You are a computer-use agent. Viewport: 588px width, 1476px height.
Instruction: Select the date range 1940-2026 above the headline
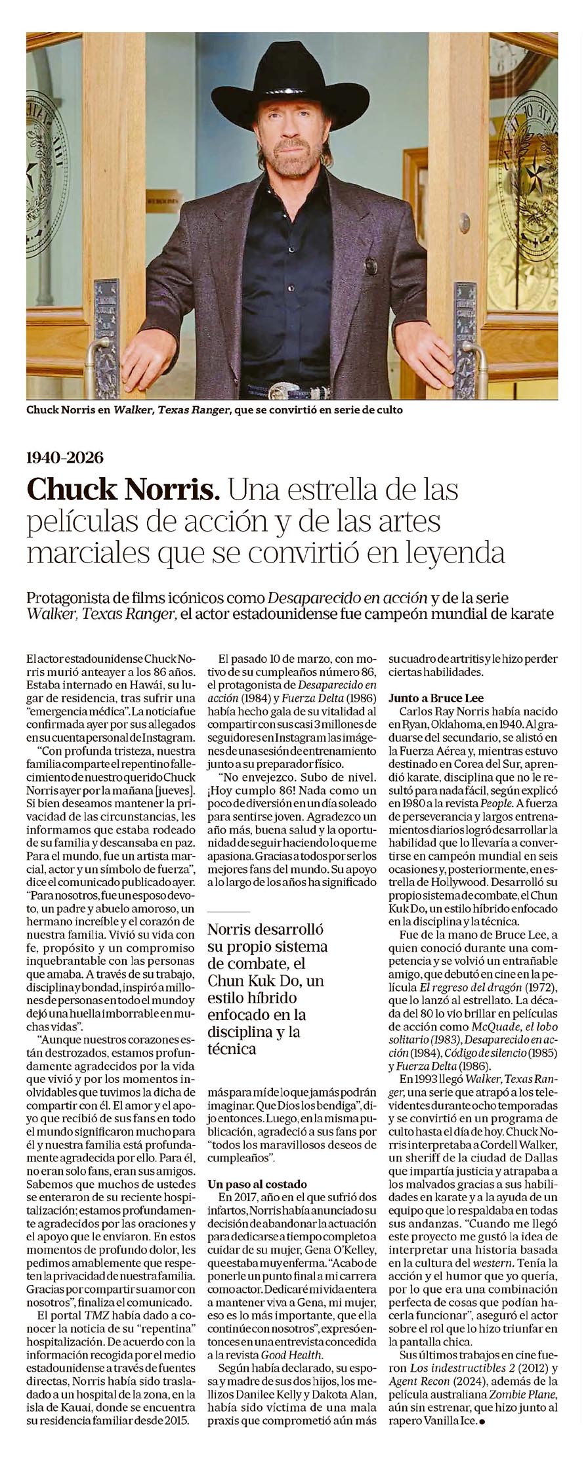[x=65, y=457]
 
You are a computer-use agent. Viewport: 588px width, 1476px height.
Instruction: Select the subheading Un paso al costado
[x=257, y=1183]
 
